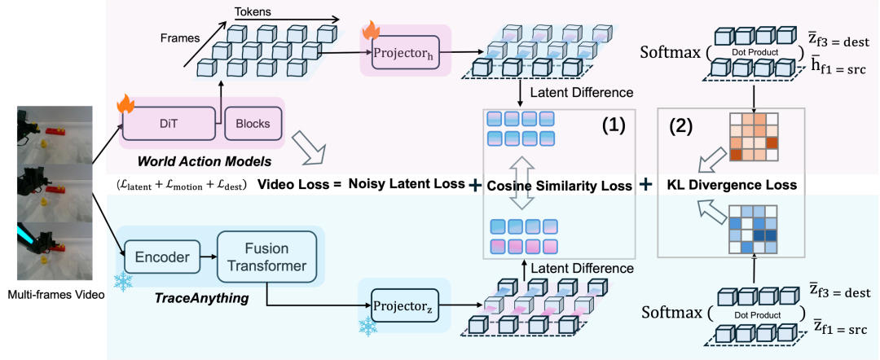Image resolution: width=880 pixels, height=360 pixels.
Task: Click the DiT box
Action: [x=169, y=123]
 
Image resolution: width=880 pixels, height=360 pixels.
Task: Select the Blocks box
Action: [x=253, y=123]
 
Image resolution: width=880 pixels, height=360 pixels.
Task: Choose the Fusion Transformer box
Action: [x=266, y=257]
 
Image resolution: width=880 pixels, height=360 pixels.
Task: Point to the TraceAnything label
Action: [x=201, y=298]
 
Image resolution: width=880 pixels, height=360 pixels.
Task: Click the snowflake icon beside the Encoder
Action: [x=121, y=282]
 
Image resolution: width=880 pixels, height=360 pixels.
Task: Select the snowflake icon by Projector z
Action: [x=367, y=327]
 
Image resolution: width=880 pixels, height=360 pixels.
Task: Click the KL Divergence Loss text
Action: [x=731, y=185]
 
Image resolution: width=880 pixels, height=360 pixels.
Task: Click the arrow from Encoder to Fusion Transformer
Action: [x=209, y=257]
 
